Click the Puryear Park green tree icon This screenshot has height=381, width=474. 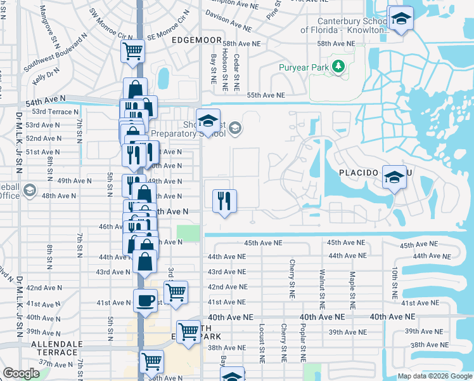pos(338,67)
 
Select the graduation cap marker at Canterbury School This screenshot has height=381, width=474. pos(400,18)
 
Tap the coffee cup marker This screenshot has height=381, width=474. pos(145,300)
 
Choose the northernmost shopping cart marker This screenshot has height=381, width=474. pos(132,51)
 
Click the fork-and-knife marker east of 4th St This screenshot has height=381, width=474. pos(224,201)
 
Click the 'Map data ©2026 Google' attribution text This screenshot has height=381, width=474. pos(435,377)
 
